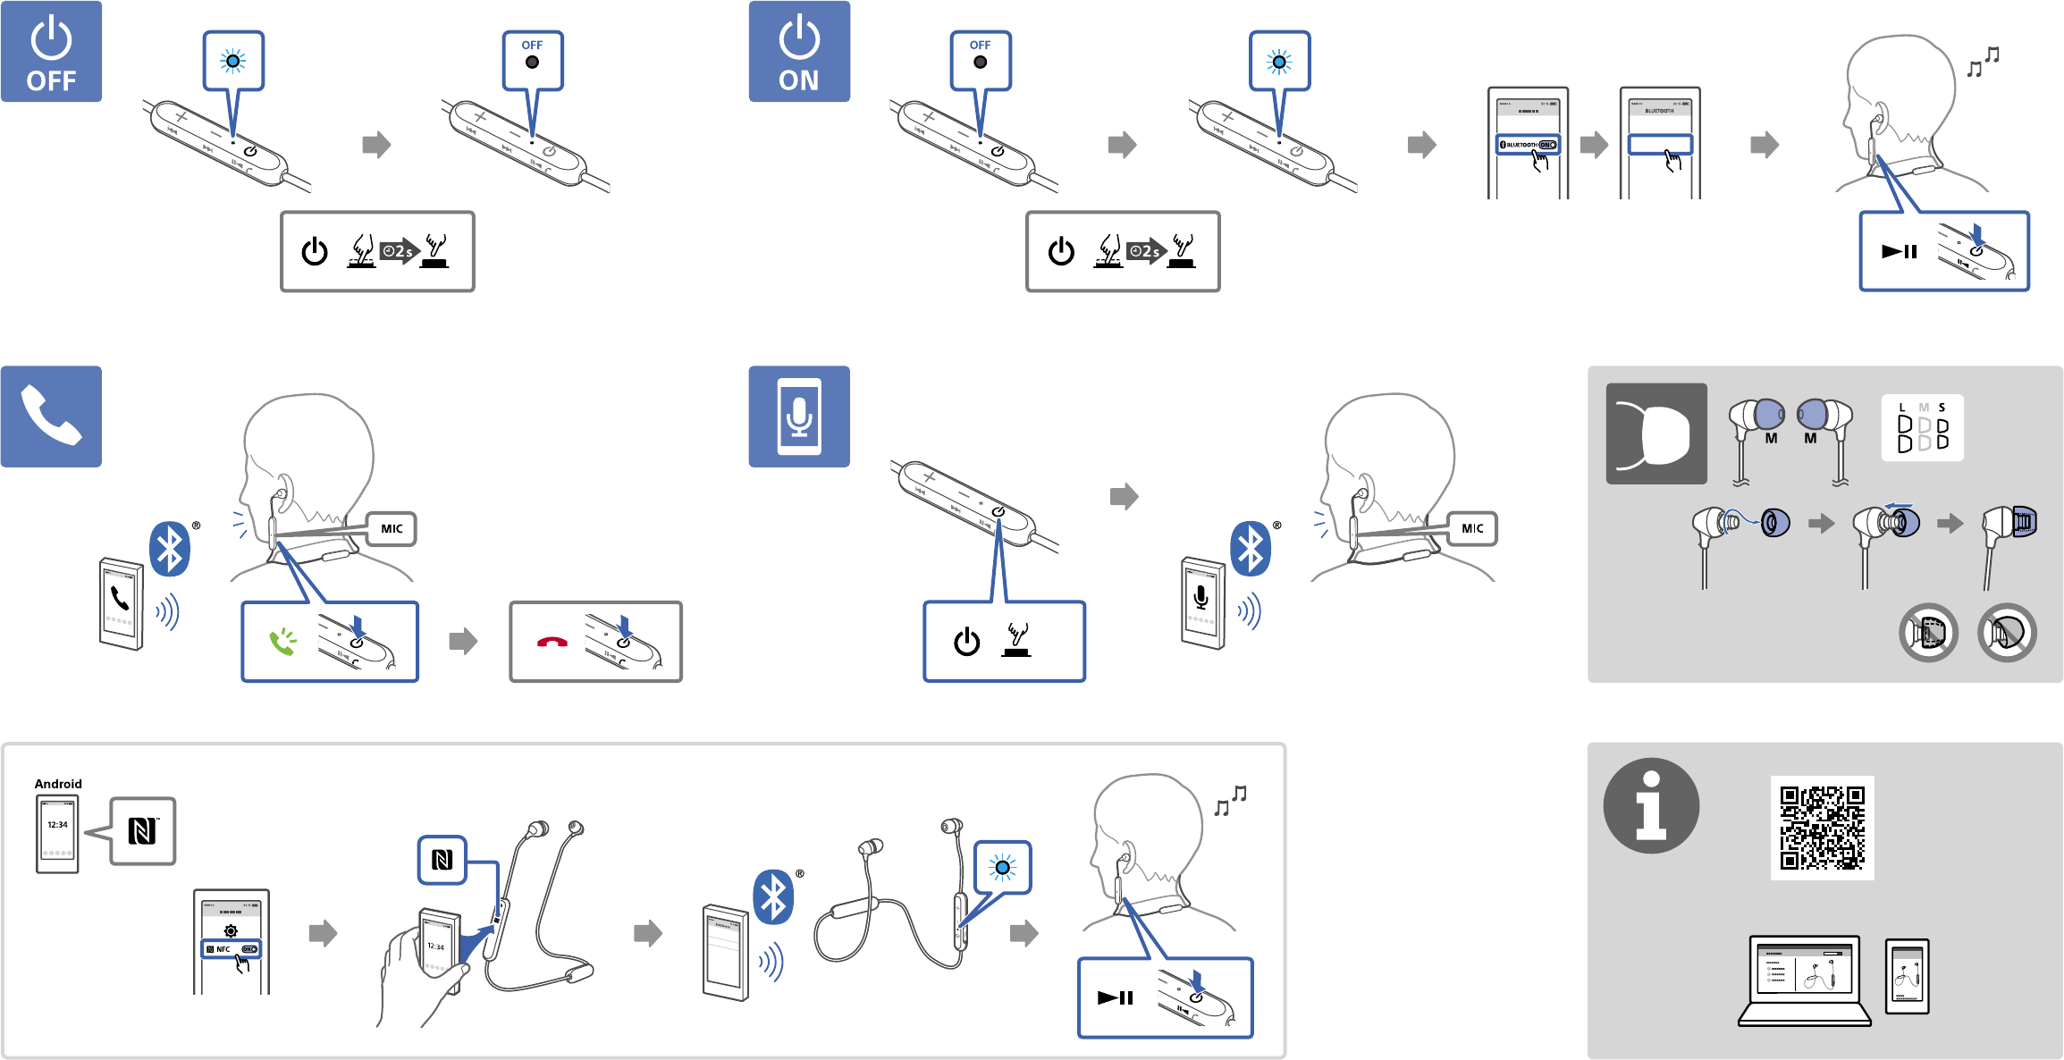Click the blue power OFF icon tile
(51, 52)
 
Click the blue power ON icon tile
(799, 52)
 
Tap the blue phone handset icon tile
(51, 416)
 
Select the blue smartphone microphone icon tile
(799, 416)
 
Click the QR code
(1822, 828)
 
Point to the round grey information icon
(1651, 806)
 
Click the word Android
(58, 784)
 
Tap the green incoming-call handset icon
(282, 641)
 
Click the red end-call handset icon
(552, 642)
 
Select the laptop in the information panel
(1804, 980)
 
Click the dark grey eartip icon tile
(1656, 433)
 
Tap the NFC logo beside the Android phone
(143, 831)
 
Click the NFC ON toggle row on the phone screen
(232, 949)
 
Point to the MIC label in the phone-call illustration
(392, 528)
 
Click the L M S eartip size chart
(1922, 428)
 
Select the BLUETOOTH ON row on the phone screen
(1529, 145)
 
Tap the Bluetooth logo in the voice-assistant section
(1251, 548)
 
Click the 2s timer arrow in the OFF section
(400, 251)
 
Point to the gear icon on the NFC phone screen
(231, 930)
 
